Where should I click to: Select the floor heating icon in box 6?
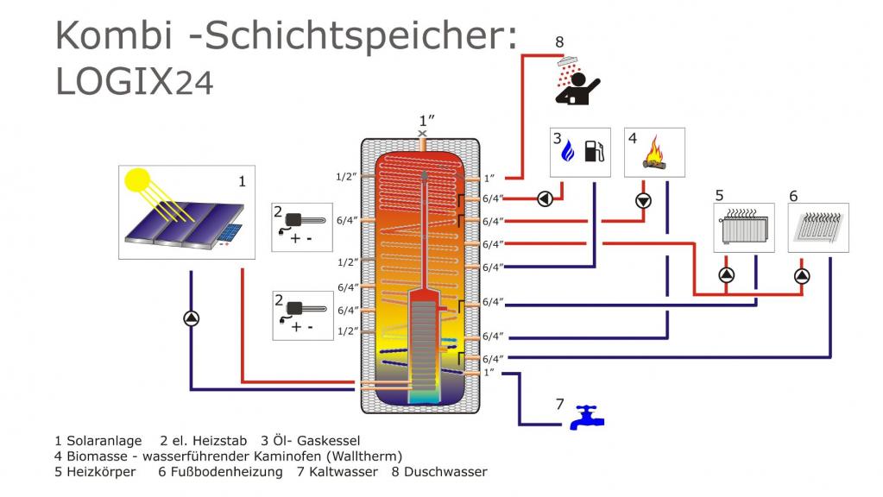(x=818, y=228)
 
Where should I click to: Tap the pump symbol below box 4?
(x=644, y=201)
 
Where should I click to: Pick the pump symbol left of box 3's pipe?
(x=546, y=198)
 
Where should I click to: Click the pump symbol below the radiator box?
(x=727, y=275)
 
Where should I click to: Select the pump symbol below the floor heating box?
(x=803, y=275)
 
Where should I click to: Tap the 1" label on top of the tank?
(x=425, y=120)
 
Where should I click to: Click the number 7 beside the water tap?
(x=559, y=404)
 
